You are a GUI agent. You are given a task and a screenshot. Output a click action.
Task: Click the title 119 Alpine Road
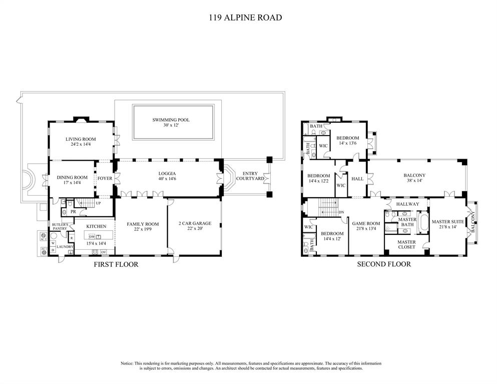245,18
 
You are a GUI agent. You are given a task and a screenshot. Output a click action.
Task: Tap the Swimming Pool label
171,120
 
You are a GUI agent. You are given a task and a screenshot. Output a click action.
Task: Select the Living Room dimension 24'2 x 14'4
81,144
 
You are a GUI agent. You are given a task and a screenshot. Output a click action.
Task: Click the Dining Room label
72,177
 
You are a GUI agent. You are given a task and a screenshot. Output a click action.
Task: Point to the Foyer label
105,178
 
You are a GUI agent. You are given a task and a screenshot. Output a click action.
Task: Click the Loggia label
167,173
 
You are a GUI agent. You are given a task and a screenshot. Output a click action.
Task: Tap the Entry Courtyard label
250,176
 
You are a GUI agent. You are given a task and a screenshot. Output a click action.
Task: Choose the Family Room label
143,224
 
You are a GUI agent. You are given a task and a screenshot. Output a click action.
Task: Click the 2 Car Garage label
195,223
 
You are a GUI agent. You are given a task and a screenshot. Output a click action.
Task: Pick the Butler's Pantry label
60,226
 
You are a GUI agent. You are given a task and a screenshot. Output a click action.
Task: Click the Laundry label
65,247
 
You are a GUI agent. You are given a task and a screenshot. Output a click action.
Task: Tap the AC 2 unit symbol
44,236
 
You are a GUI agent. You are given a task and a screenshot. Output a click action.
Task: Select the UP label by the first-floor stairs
98,203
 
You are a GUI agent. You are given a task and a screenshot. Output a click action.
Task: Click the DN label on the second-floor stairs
341,212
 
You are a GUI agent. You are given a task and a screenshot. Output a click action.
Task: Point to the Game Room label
366,224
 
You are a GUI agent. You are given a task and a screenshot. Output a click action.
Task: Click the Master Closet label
406,244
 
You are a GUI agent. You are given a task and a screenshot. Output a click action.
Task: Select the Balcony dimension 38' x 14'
414,180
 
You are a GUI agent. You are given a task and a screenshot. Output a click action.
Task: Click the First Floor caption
116,264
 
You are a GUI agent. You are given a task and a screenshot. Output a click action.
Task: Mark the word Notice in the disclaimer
127,363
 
